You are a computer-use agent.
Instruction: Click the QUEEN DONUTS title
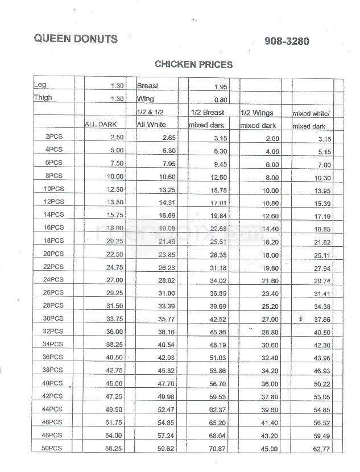[76, 39]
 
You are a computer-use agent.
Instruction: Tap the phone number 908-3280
[288, 41]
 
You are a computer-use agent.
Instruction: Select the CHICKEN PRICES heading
[193, 65]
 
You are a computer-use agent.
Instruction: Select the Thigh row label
[43, 97]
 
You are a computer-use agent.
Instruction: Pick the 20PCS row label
[53, 254]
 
